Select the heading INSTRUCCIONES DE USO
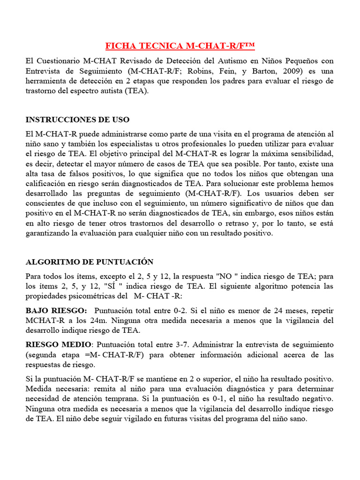(78, 120)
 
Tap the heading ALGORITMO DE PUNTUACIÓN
(90, 262)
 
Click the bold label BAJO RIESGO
(56, 311)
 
